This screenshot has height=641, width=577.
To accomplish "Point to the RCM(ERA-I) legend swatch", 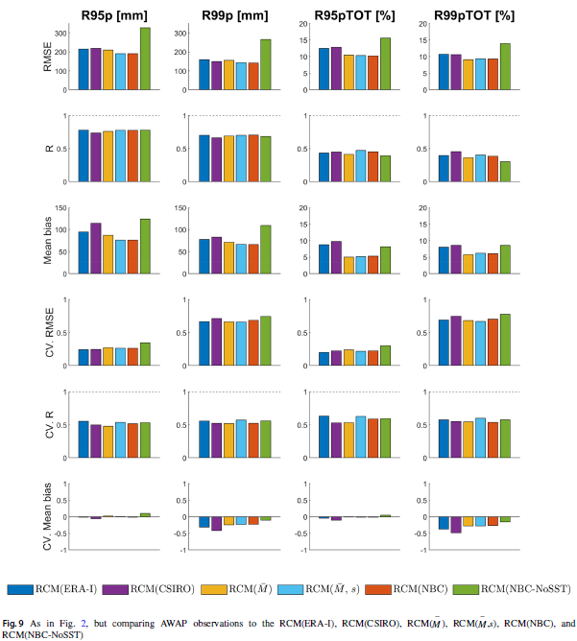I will (26, 588).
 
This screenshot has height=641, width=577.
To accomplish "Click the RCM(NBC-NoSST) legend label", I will (525, 588).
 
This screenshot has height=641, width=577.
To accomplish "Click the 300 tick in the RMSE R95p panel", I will (60, 34).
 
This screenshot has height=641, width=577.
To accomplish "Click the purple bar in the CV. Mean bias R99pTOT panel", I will (455, 525).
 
